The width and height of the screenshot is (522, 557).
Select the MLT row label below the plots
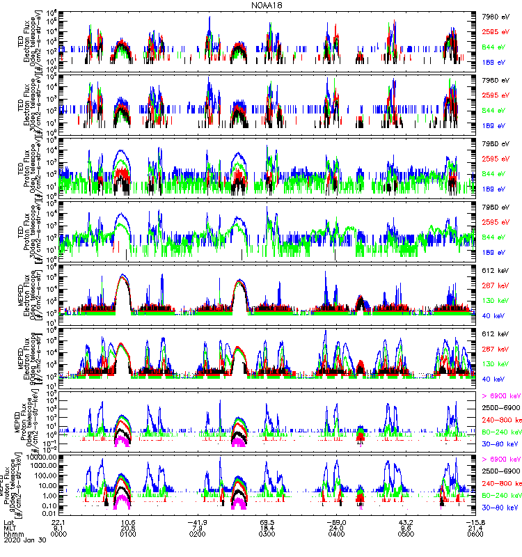(x=10, y=528)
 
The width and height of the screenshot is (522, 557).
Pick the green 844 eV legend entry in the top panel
(x=494, y=47)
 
